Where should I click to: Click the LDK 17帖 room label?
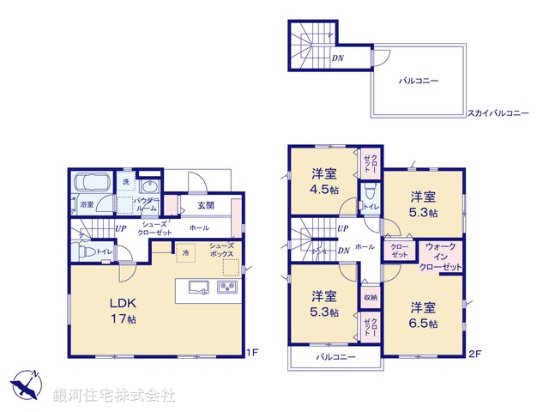(x=123, y=310)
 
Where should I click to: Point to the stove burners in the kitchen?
(x=228, y=288)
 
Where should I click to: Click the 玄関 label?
(x=205, y=206)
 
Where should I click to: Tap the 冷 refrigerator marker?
(x=184, y=253)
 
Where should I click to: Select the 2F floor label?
(x=474, y=353)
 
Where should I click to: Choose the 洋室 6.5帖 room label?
(x=423, y=314)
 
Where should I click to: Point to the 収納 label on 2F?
(x=368, y=297)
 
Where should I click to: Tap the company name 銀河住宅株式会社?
(x=114, y=396)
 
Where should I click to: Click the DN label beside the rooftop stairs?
(x=339, y=59)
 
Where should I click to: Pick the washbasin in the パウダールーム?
(x=149, y=187)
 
